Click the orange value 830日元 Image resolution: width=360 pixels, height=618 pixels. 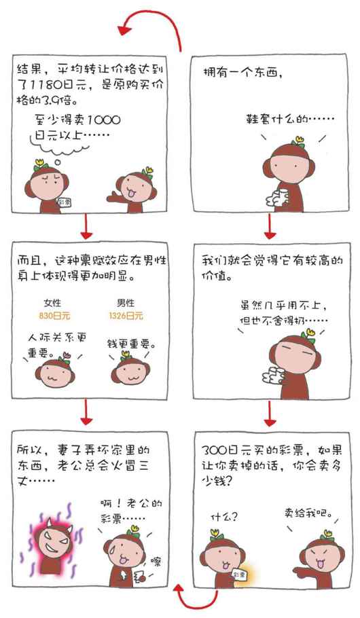click(x=54, y=316)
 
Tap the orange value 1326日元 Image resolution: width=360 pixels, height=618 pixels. click(x=126, y=316)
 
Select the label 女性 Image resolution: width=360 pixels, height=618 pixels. click(x=52, y=303)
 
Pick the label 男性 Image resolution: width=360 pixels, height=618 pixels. click(x=126, y=303)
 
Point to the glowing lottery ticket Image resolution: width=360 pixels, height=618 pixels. click(x=240, y=575)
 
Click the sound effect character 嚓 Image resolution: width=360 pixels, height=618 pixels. click(x=156, y=561)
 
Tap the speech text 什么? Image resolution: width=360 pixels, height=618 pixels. click(x=224, y=517)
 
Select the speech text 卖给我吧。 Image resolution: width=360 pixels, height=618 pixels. click(x=308, y=513)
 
